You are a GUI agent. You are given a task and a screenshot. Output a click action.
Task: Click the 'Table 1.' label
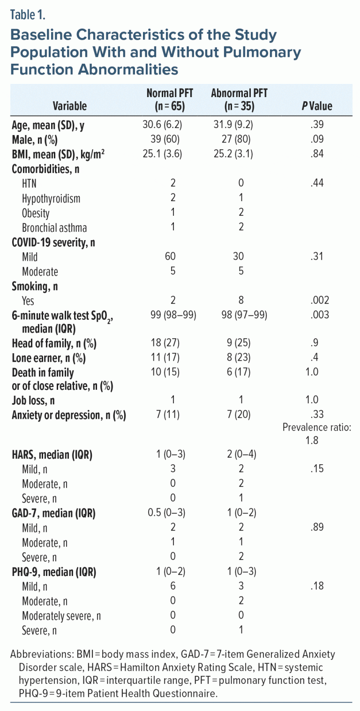28,15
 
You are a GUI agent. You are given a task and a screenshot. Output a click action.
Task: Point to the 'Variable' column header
69,106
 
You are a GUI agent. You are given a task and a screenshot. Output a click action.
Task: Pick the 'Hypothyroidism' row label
52,198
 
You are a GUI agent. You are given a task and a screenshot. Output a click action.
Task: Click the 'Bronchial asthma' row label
54,228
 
